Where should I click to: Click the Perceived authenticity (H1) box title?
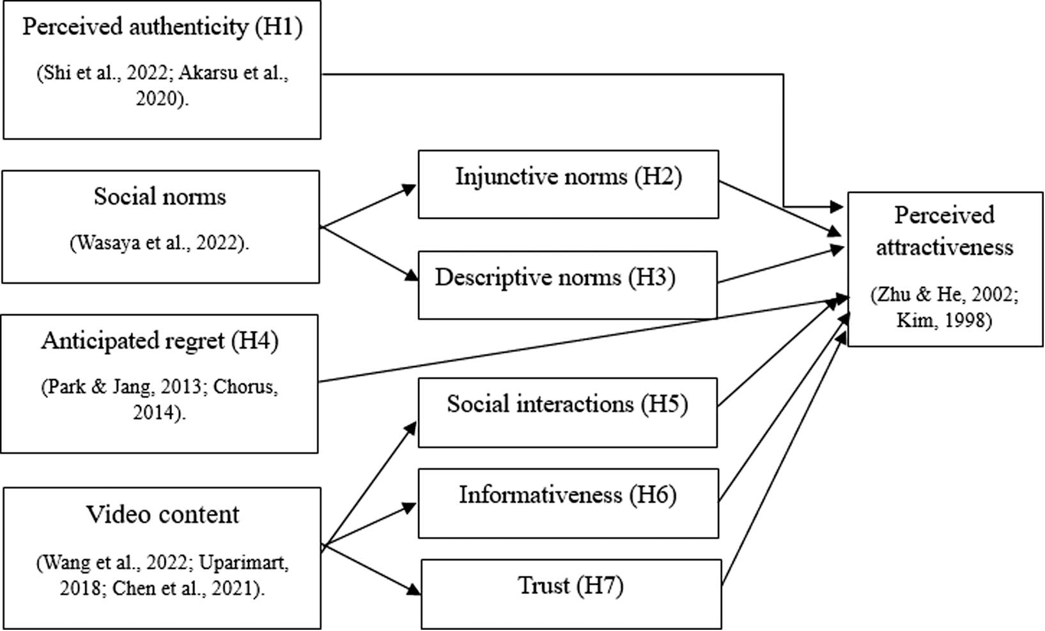162,27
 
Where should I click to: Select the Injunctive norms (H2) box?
568,184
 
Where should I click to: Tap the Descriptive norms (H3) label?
555,278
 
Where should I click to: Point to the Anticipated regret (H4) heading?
160,341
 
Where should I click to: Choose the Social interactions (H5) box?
568,413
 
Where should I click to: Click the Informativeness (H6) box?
568,503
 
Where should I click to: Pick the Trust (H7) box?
571,594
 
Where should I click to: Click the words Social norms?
160,197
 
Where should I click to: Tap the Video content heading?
162,515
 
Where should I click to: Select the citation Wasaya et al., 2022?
160,243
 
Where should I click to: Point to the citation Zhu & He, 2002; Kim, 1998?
944,308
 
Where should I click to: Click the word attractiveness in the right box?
945,247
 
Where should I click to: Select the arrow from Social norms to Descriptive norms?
369,254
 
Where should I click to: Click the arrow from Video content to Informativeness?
369,524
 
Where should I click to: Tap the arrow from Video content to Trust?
371,570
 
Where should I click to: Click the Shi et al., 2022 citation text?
102,73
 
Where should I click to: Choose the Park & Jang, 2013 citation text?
121,387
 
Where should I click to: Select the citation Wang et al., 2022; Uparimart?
162,563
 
